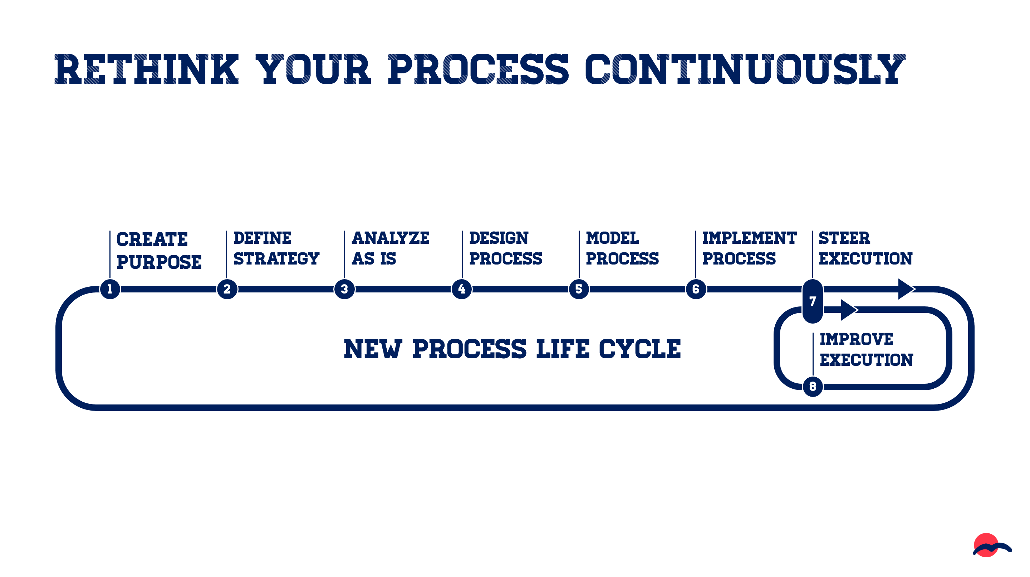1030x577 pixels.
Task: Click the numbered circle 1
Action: pyautogui.click(x=110, y=289)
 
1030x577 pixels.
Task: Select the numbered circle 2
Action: pyautogui.click(x=227, y=289)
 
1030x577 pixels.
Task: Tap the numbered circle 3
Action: pyautogui.click(x=344, y=289)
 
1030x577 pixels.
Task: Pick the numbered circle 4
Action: pyautogui.click(x=461, y=289)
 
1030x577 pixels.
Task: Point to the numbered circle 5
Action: pyautogui.click(x=579, y=289)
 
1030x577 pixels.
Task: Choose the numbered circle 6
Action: pyautogui.click(x=696, y=289)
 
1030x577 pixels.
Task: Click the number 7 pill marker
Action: pyautogui.click(x=813, y=301)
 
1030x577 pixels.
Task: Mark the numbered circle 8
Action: pyautogui.click(x=813, y=387)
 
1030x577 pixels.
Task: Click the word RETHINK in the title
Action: pyautogui.click(x=146, y=69)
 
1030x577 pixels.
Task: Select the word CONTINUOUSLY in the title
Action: pyautogui.click(x=745, y=69)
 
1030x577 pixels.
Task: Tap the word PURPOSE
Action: pyautogui.click(x=159, y=262)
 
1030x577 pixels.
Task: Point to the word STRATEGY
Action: pyautogui.click(x=276, y=258)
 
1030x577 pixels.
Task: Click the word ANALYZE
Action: pyautogui.click(x=390, y=238)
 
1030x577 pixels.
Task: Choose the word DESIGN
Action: pyautogui.click(x=499, y=238)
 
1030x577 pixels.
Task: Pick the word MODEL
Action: pyautogui.click(x=612, y=238)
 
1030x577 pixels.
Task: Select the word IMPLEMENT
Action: pyautogui.click(x=749, y=238)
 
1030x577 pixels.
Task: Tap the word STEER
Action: pyautogui.click(x=844, y=238)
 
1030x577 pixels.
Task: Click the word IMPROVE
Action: pyautogui.click(x=856, y=339)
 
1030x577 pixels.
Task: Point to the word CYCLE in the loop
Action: pyautogui.click(x=639, y=349)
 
